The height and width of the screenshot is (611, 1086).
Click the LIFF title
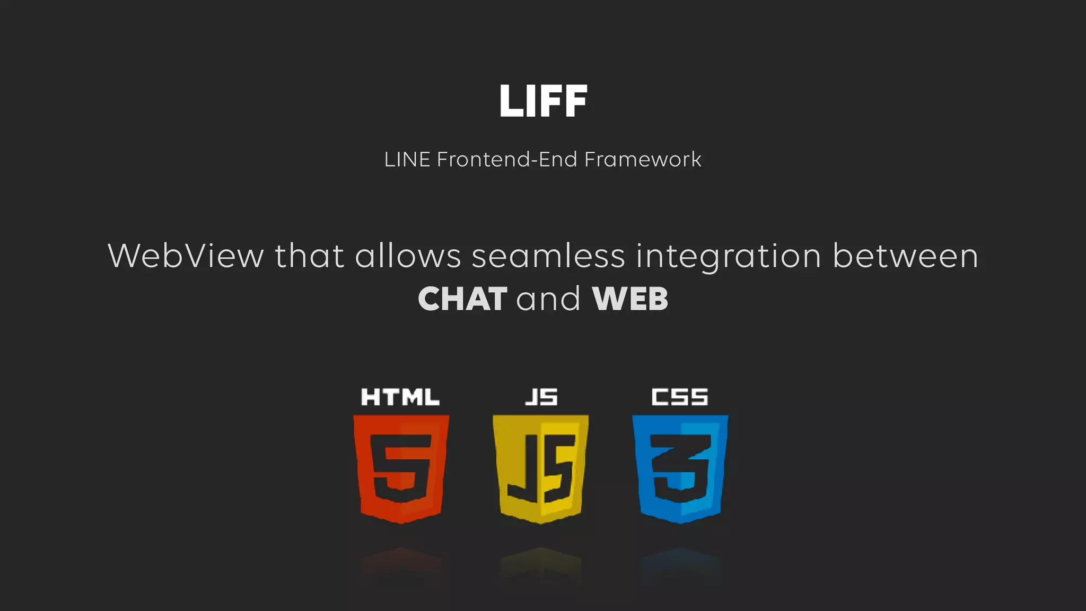(543, 101)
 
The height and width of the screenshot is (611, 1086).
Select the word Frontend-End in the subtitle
(506, 160)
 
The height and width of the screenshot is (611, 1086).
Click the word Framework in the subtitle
(643, 160)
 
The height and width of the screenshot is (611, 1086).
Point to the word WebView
(186, 256)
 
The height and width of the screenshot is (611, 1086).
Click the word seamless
(548, 256)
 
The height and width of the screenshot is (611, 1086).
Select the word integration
(729, 257)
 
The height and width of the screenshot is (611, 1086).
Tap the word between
(905, 256)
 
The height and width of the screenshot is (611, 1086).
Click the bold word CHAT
(462, 299)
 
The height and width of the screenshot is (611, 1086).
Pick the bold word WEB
(630, 299)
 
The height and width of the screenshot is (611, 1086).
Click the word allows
(408, 256)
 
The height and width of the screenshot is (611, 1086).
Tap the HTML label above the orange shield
(400, 397)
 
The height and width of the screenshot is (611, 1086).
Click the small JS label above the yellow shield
(541, 397)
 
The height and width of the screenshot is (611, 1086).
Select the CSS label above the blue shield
(680, 397)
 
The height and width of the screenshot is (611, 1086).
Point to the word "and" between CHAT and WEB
(548, 299)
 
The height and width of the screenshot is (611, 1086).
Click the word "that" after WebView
(309, 256)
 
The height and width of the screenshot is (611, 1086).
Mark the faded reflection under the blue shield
(680, 565)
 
